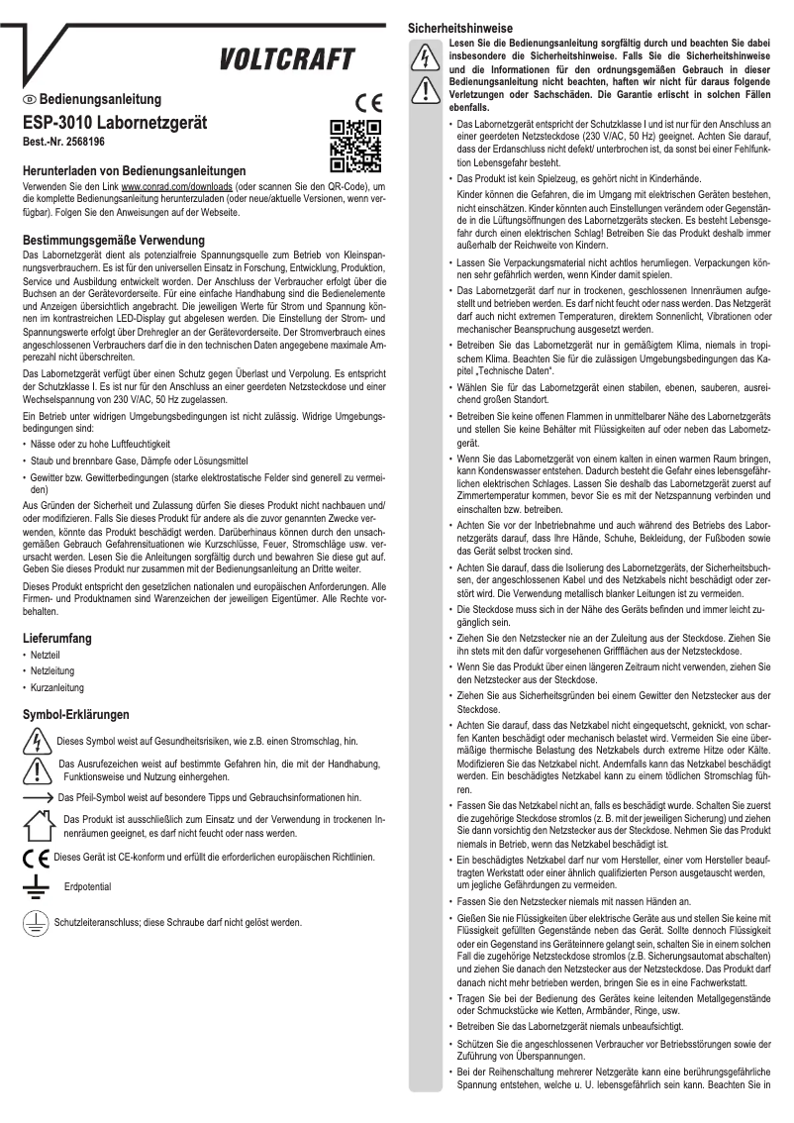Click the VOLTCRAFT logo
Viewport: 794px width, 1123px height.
288,61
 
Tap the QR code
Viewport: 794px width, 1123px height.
354,146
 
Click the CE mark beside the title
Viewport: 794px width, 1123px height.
365,102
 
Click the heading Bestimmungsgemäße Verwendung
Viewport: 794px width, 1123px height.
114,241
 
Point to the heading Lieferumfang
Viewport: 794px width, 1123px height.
57,639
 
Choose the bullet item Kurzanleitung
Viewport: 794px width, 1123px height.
57,687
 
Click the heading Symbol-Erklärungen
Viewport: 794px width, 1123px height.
76,714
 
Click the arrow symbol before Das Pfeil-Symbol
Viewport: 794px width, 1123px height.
38,796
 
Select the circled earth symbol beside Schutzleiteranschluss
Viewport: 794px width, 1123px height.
36,922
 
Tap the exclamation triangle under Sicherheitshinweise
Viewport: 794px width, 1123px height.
426,90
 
